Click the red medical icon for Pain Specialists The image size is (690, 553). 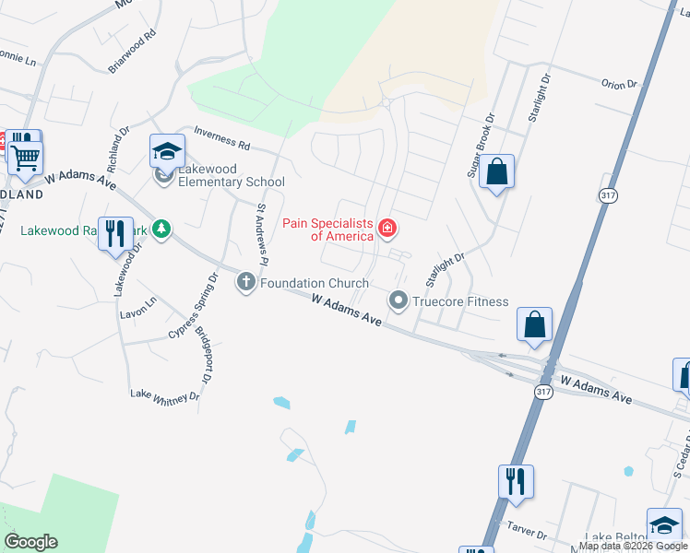[x=387, y=228]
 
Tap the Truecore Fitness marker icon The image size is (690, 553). [x=399, y=300]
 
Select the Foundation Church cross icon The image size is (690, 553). [x=246, y=282]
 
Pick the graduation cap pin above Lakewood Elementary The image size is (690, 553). [x=168, y=150]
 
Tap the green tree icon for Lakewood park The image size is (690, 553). [x=162, y=228]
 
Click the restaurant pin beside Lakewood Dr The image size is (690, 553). [x=114, y=232]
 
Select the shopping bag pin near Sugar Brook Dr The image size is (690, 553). [x=496, y=172]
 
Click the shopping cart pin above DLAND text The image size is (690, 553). [x=26, y=157]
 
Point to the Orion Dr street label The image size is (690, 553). [x=619, y=84]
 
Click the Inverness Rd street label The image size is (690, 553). [x=220, y=139]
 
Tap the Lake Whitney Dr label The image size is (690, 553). [x=165, y=394]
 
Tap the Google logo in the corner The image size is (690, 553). [x=30, y=542]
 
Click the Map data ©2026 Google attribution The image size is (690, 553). [x=633, y=546]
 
